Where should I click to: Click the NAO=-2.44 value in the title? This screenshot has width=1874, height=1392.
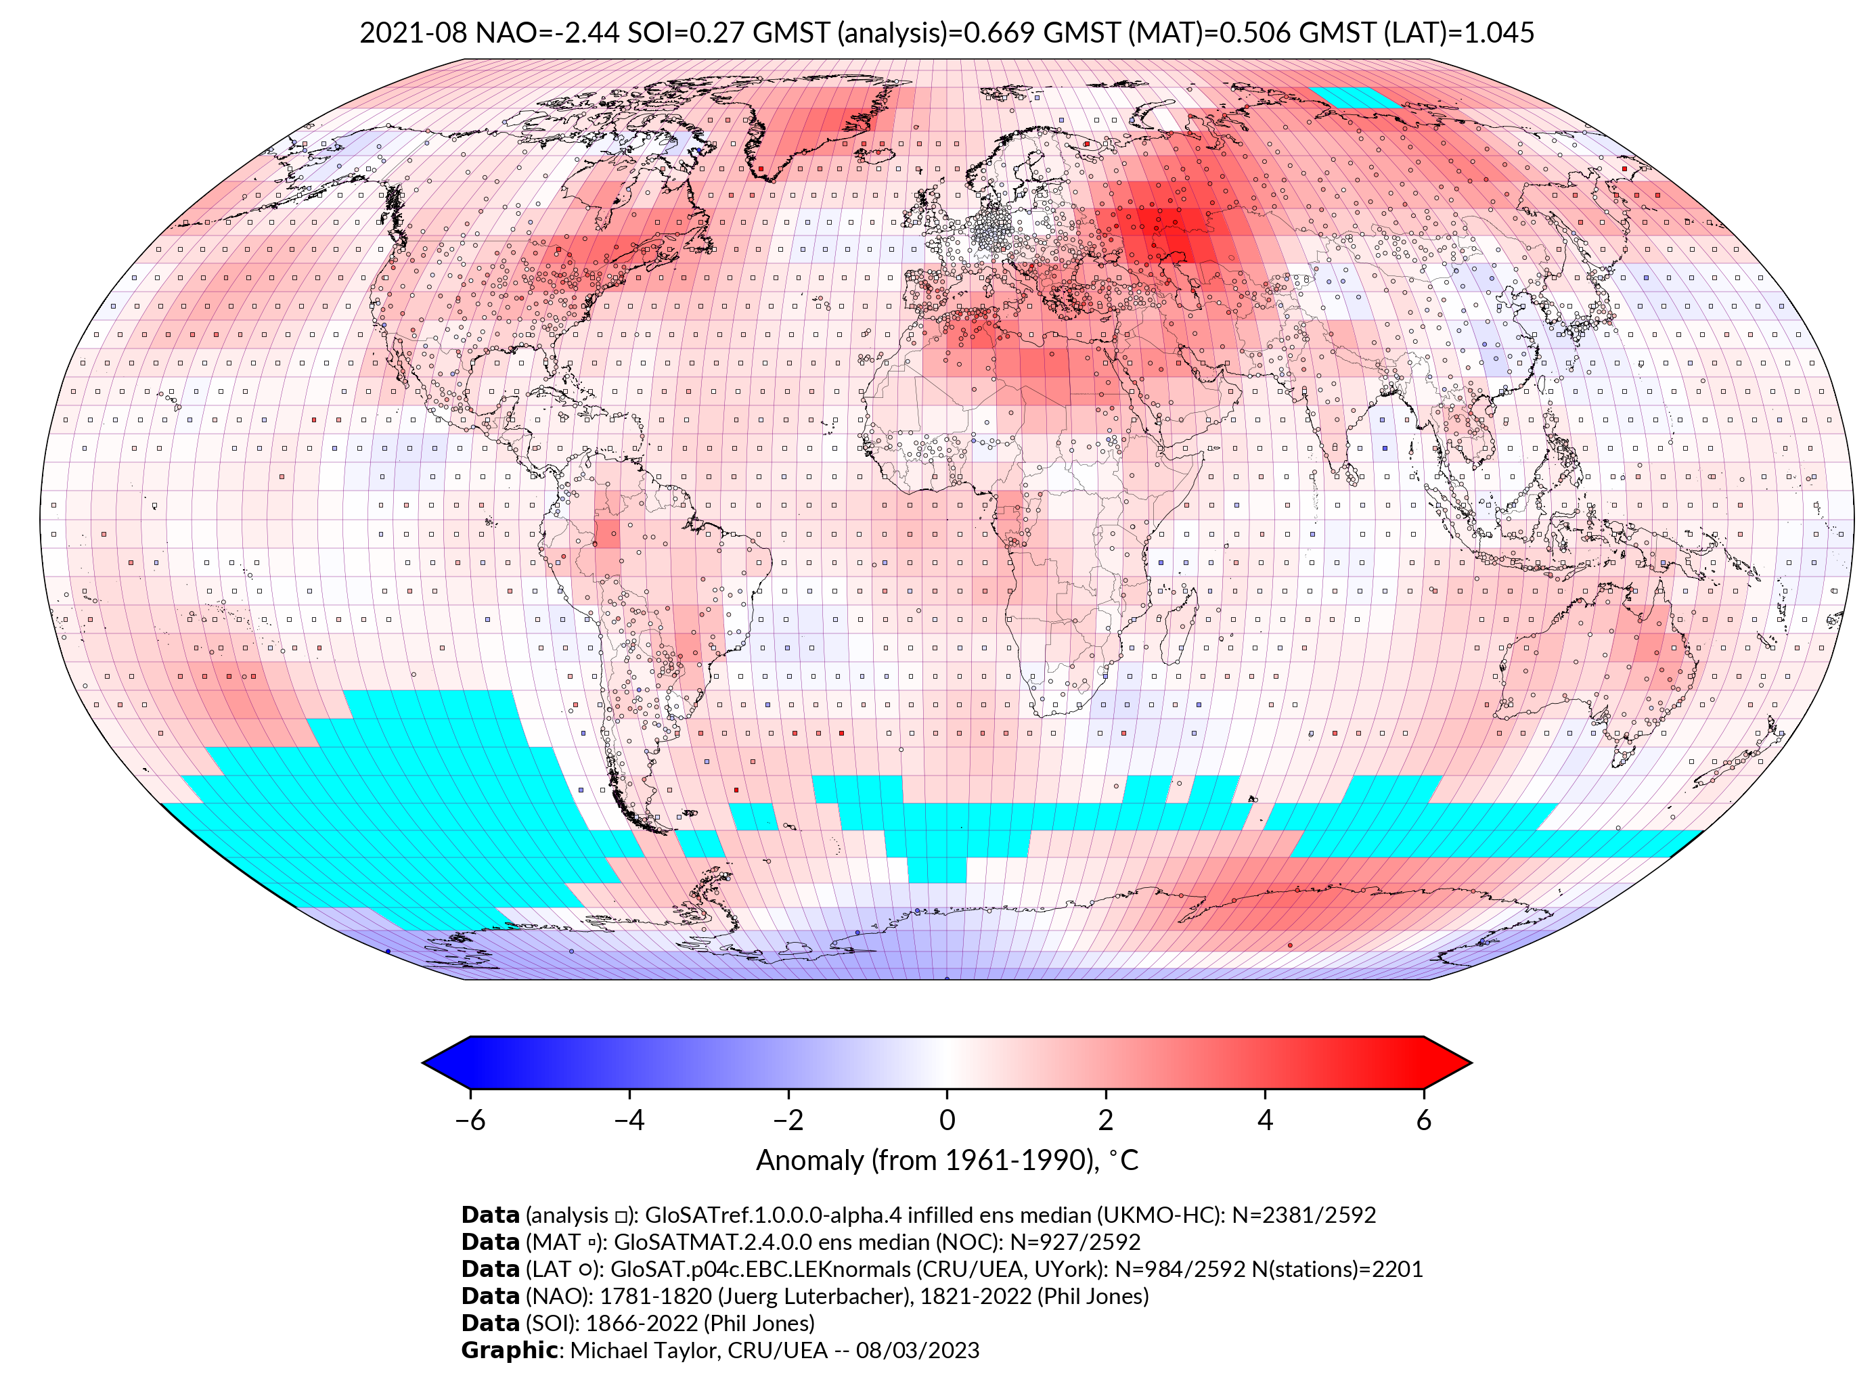click(x=547, y=33)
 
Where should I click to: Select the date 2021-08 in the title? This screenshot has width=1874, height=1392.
click(x=413, y=33)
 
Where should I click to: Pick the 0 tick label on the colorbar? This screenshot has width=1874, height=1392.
click(x=947, y=1120)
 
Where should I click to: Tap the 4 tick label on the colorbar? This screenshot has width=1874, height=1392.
click(x=1265, y=1120)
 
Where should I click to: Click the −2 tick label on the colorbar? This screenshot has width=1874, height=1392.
click(x=788, y=1120)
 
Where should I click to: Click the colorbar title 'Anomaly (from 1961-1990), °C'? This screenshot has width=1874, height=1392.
click(x=947, y=1161)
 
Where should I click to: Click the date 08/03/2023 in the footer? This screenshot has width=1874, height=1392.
click(x=917, y=1350)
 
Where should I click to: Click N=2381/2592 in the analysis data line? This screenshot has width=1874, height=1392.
click(x=1303, y=1215)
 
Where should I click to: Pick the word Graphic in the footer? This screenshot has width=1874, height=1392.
click(x=509, y=1350)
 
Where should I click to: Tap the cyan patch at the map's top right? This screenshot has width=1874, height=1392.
click(x=1357, y=97)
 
